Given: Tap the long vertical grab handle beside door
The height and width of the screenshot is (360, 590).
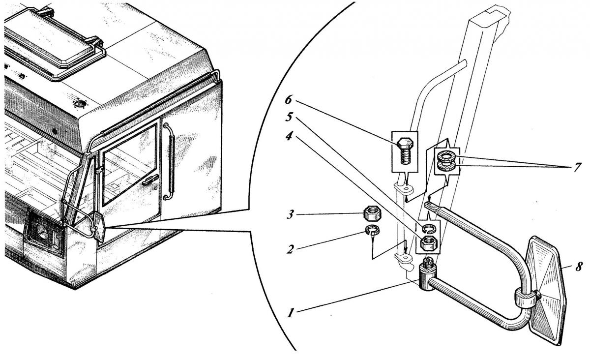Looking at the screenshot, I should pos(170,161).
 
